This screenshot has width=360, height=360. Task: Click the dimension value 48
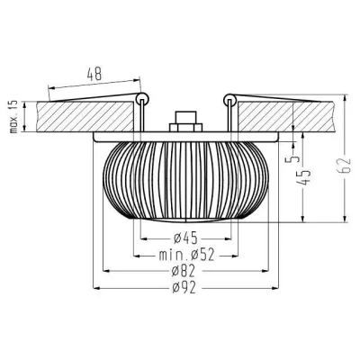tap(94, 72)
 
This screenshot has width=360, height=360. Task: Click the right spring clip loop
tap(230, 95)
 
